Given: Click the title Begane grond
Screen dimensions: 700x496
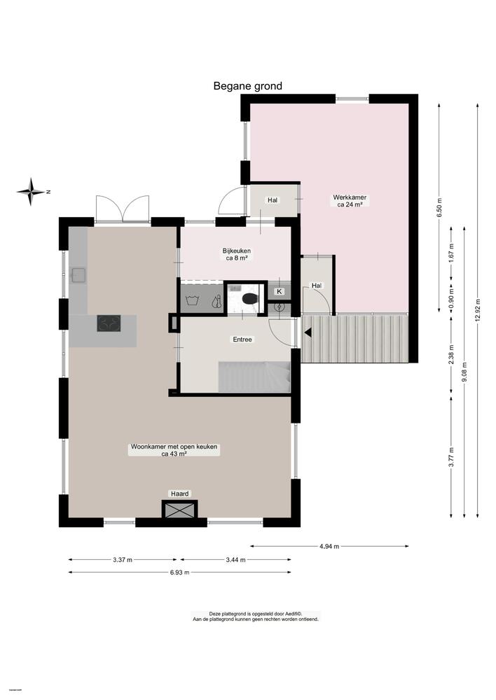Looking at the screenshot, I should [247, 86].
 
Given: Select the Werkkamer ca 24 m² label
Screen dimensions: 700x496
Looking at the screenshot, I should [350, 202].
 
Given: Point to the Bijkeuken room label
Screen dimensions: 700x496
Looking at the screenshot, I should [237, 254].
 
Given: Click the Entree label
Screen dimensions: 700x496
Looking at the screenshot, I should [242, 339].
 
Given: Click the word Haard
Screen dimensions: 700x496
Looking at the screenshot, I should [180, 493].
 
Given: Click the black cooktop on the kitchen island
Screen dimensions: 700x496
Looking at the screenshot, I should [108, 323].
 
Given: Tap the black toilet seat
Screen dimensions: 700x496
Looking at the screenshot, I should [249, 299].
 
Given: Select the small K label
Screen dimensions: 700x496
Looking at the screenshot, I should [280, 290].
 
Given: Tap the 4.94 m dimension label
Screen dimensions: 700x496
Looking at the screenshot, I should [329, 546].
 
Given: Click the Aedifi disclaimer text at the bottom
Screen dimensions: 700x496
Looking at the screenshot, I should [255, 616].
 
